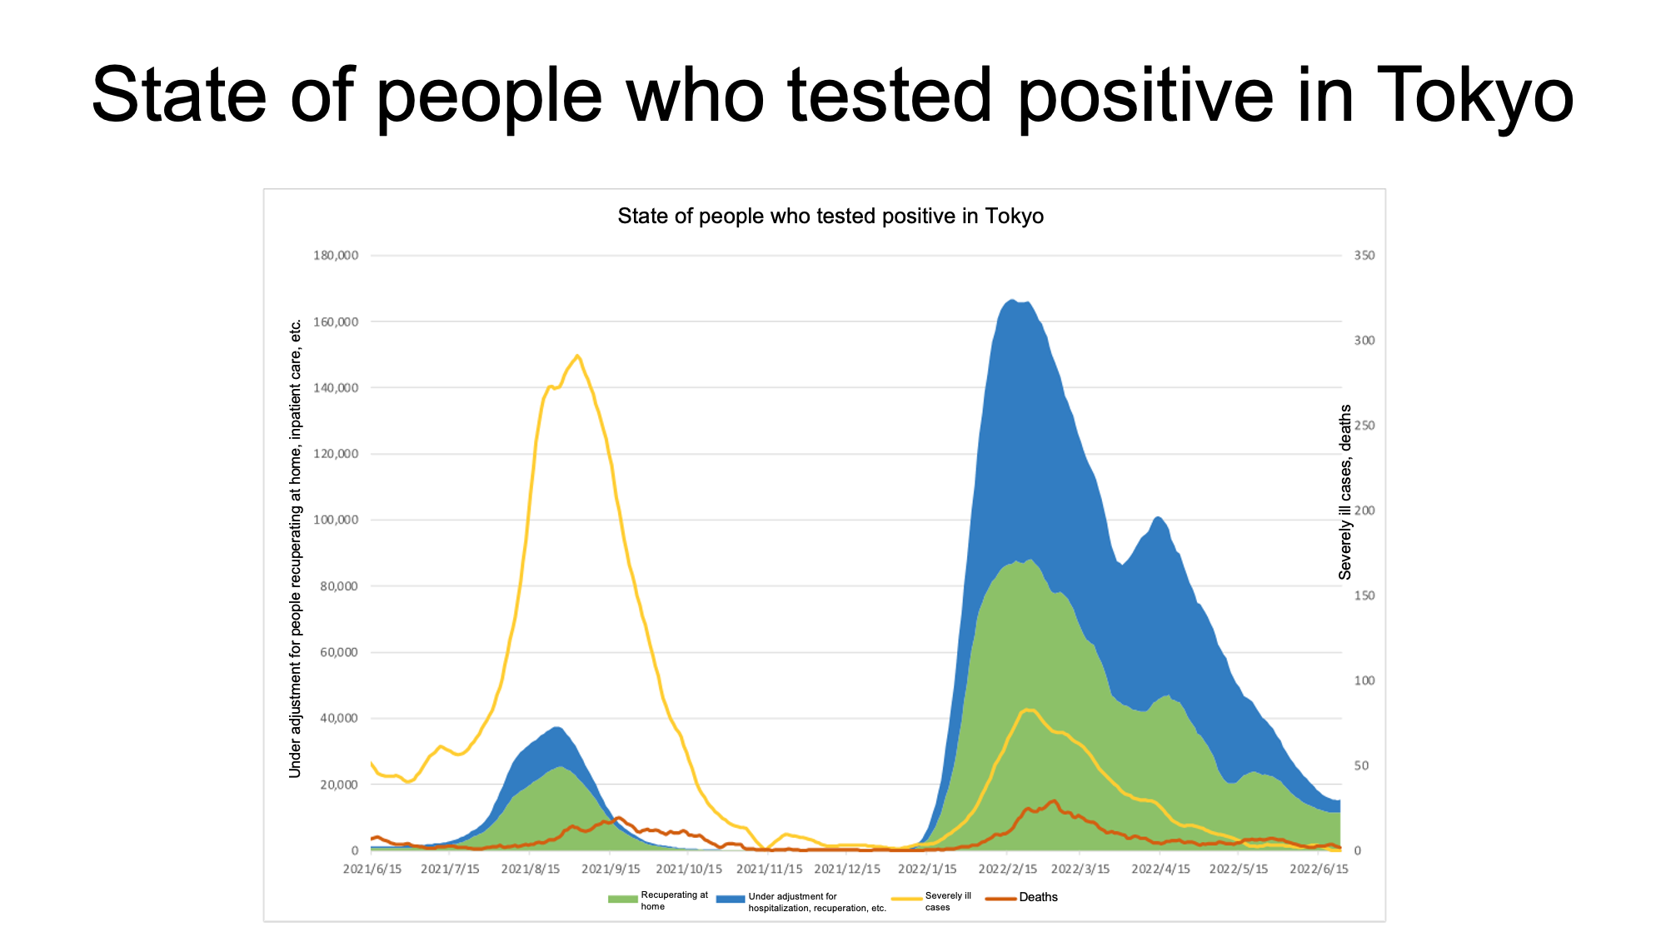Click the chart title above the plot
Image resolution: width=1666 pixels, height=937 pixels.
point(831,217)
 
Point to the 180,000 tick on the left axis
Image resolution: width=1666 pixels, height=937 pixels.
point(336,255)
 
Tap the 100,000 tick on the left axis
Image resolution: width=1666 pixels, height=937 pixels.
point(336,520)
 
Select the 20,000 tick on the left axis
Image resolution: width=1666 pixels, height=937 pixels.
point(339,785)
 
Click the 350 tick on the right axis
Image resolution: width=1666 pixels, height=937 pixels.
point(1364,256)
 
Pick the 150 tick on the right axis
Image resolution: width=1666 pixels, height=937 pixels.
point(1364,596)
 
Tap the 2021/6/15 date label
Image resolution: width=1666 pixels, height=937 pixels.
point(372,869)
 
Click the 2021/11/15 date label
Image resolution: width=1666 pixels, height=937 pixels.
point(770,869)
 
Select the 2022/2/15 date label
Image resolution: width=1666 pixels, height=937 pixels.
point(1008,869)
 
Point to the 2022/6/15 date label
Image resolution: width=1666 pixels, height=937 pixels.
point(1319,869)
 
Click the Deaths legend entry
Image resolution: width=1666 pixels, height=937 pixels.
point(1022,897)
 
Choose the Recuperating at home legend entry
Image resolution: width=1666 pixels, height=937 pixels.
point(658,900)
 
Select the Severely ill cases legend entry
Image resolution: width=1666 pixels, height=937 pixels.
point(932,901)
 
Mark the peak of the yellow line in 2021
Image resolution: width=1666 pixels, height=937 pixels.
point(576,356)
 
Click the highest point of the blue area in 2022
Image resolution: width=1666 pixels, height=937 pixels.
point(1012,300)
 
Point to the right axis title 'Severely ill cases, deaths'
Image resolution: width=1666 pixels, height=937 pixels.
point(1344,492)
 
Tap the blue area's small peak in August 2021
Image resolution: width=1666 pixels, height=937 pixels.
point(556,728)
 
